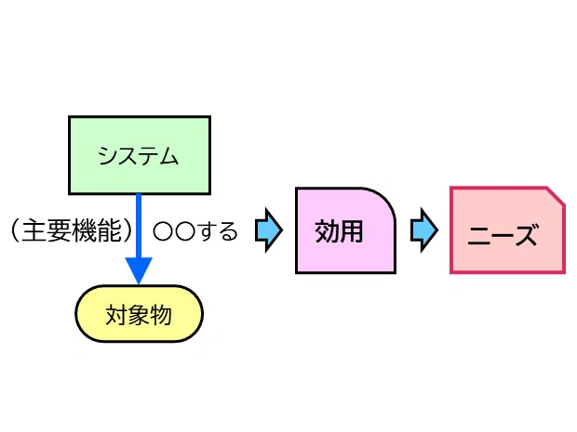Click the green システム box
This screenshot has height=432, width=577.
coord(140,155)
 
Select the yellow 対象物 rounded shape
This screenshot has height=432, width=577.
coord(139,314)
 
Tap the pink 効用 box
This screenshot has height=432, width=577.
coord(345,230)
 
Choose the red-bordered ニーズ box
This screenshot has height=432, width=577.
coord(507,230)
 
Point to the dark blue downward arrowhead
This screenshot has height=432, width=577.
coord(139,270)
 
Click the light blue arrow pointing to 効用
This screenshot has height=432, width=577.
coord(269,230)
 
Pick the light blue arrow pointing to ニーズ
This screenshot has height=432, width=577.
coord(424,230)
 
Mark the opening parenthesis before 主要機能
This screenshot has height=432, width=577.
coord(15,230)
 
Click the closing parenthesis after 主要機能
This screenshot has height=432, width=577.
coord(127,230)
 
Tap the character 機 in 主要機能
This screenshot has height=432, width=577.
coord(85,230)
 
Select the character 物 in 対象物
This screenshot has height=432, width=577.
coord(160,315)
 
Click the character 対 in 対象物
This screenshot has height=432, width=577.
coord(116,315)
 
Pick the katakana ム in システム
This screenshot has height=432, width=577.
coord(168,156)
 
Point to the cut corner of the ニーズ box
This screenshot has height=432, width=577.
coord(556,195)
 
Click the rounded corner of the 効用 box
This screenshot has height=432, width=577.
coord(384,199)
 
